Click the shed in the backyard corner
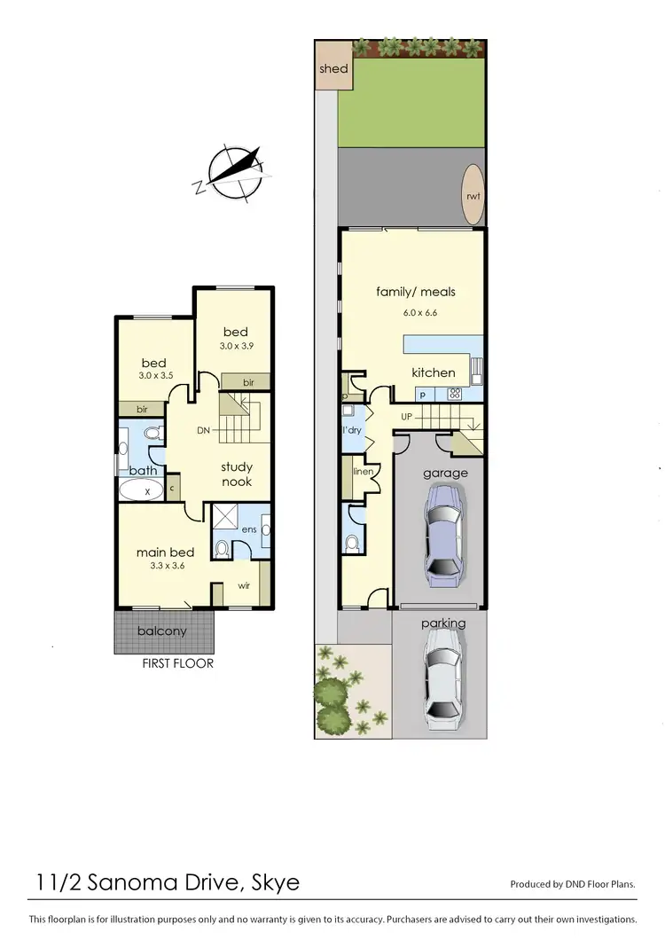coord(333,69)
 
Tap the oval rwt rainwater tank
coord(471,196)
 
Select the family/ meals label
coord(416,292)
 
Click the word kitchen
coord(433,372)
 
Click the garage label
coord(444,473)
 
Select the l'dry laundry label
coord(353,430)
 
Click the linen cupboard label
coord(363,472)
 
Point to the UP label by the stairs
coord(407,416)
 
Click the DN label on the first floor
coord(203,431)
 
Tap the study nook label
coord(237,474)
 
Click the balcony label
coord(162,631)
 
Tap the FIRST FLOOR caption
coord(178,662)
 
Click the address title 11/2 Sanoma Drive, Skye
coord(168,882)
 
